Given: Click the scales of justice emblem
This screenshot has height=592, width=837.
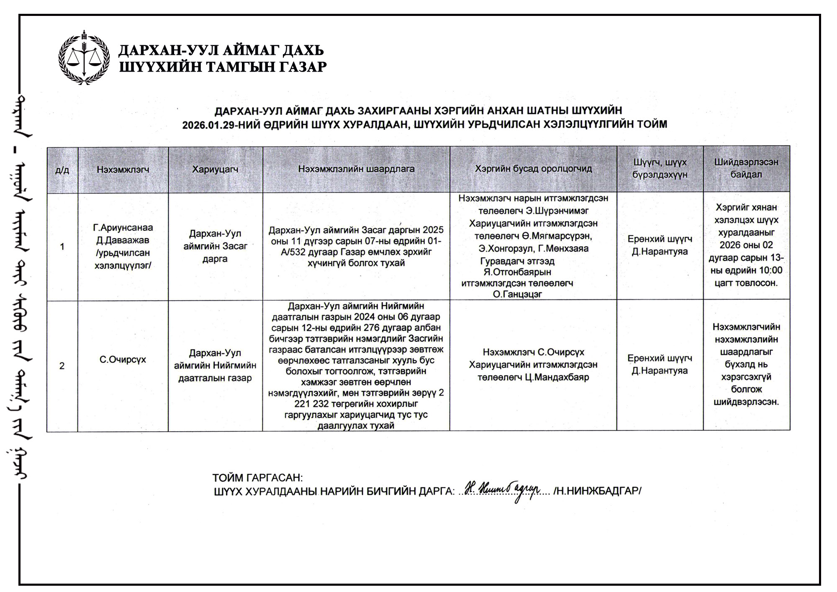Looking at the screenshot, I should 84,57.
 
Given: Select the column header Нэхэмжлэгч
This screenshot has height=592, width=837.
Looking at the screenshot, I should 123,170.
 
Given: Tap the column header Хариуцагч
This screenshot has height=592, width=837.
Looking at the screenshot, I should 215,169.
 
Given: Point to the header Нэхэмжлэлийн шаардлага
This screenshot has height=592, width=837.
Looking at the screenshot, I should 356,169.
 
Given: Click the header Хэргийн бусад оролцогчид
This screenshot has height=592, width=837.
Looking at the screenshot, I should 533,169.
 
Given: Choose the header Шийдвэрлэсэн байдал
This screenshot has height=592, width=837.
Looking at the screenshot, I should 746,168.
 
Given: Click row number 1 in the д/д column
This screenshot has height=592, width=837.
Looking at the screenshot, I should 62,247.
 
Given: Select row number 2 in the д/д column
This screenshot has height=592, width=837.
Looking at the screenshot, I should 62,366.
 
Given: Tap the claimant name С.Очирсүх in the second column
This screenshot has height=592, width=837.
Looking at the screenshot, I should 123,360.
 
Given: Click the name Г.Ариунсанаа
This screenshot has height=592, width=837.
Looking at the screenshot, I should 123,228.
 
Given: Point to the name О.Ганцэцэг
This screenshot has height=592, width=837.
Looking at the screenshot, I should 517,294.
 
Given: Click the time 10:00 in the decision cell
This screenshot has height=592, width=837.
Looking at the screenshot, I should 770,270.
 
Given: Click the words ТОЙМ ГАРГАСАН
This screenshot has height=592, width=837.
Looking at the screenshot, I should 257,478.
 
